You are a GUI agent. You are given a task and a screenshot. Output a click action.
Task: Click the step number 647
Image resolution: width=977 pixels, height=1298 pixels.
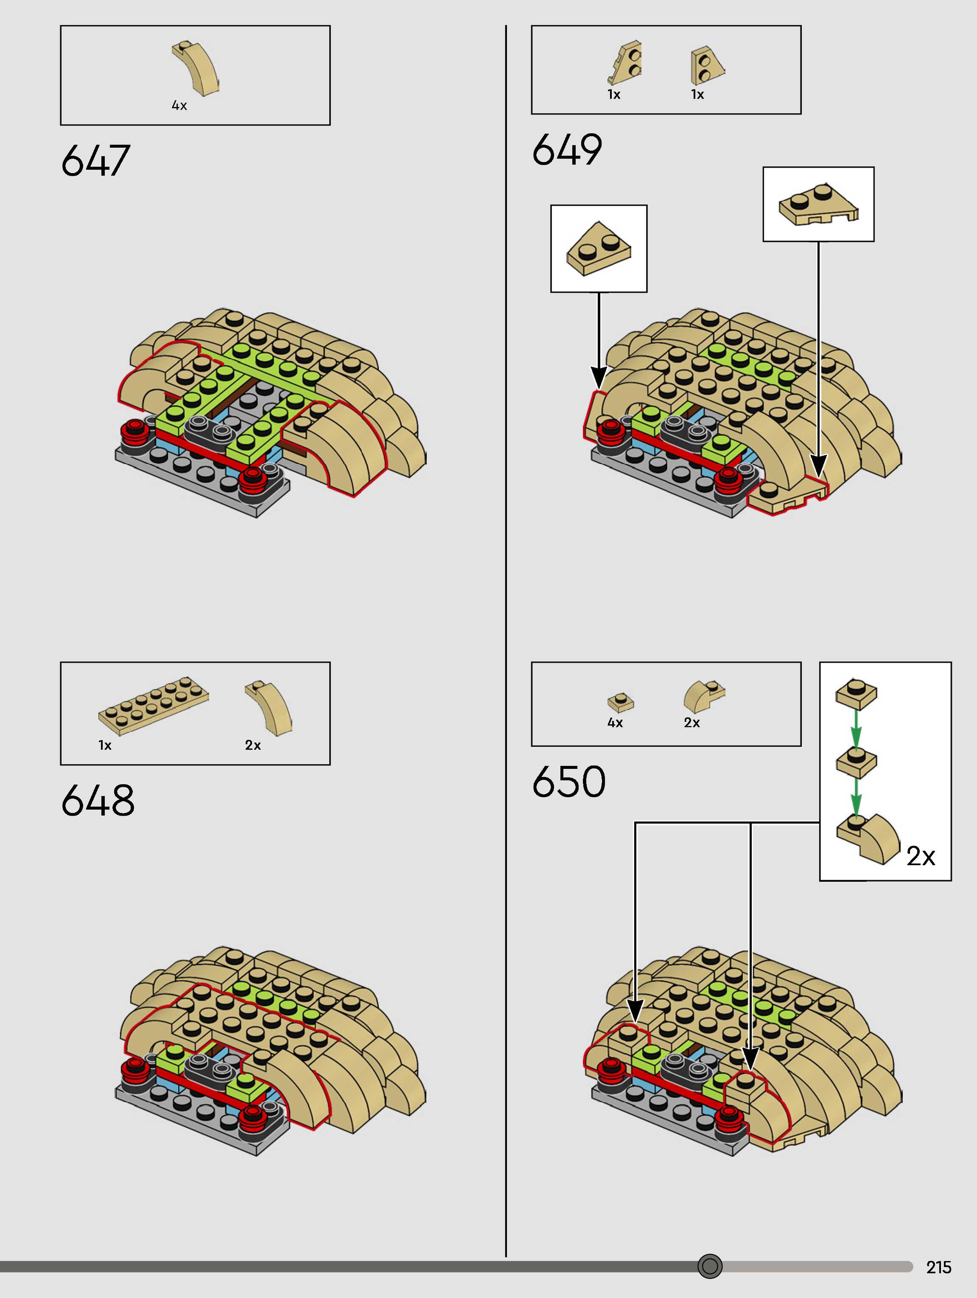pos(95,160)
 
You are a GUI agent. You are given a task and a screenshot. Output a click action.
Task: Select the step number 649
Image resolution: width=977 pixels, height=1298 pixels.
pos(567,150)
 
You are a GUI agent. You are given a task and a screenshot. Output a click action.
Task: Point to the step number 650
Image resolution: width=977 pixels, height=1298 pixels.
pos(568,782)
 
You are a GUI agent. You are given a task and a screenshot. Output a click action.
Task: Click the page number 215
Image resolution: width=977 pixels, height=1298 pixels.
pos(938,1267)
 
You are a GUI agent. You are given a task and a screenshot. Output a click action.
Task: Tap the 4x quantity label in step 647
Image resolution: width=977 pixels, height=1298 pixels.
pos(179,106)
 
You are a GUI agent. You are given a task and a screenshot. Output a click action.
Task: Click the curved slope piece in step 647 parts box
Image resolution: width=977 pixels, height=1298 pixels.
pos(196,68)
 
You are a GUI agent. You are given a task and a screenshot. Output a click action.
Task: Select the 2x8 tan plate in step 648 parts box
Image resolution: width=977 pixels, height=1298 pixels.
pos(154,705)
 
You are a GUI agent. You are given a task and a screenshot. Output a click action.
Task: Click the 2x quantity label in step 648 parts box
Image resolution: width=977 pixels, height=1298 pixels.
pos(253,745)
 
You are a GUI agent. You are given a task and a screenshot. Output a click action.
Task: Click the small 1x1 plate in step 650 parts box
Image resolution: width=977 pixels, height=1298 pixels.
pos(621,701)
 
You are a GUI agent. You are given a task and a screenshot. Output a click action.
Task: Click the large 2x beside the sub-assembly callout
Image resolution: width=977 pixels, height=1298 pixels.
pos(921,856)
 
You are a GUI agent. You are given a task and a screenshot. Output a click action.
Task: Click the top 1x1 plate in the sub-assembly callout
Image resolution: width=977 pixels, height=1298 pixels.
pos(856,692)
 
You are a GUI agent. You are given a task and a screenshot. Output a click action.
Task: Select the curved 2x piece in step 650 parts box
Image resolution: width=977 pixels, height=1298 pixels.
pos(703,696)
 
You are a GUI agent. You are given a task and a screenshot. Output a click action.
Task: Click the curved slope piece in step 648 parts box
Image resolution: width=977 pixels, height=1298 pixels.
pos(269,706)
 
